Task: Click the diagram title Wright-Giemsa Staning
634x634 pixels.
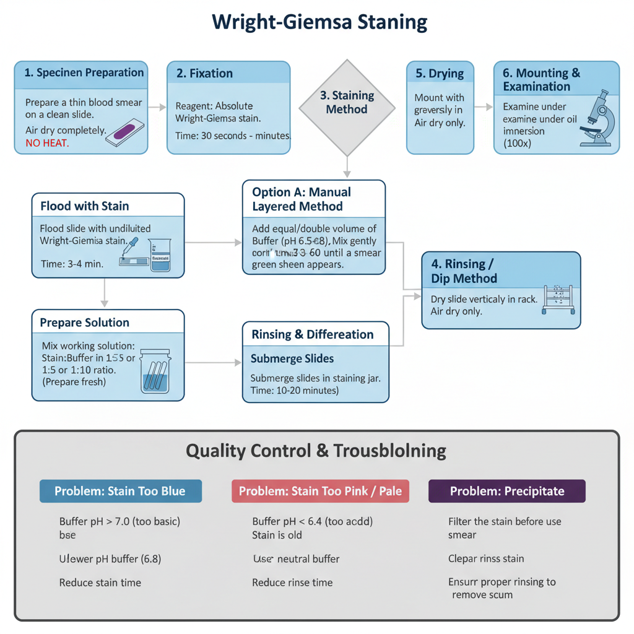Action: (319, 22)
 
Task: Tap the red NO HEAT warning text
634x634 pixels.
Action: (47, 144)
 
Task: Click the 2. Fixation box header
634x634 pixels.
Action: (228, 73)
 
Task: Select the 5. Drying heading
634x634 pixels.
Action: (440, 73)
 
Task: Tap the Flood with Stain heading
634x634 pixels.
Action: (84, 206)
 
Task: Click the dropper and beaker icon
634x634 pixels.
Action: (150, 254)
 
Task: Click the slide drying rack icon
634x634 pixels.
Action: (558, 300)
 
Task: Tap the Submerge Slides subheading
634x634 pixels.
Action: (292, 358)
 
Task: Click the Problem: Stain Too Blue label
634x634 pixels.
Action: (120, 491)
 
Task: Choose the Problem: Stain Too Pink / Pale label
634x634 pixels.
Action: (320, 491)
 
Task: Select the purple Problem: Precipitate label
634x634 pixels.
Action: (506, 491)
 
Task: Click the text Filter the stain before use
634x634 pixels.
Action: (504, 521)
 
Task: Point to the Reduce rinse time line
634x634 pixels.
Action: (292, 583)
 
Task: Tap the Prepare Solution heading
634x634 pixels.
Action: (84, 323)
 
